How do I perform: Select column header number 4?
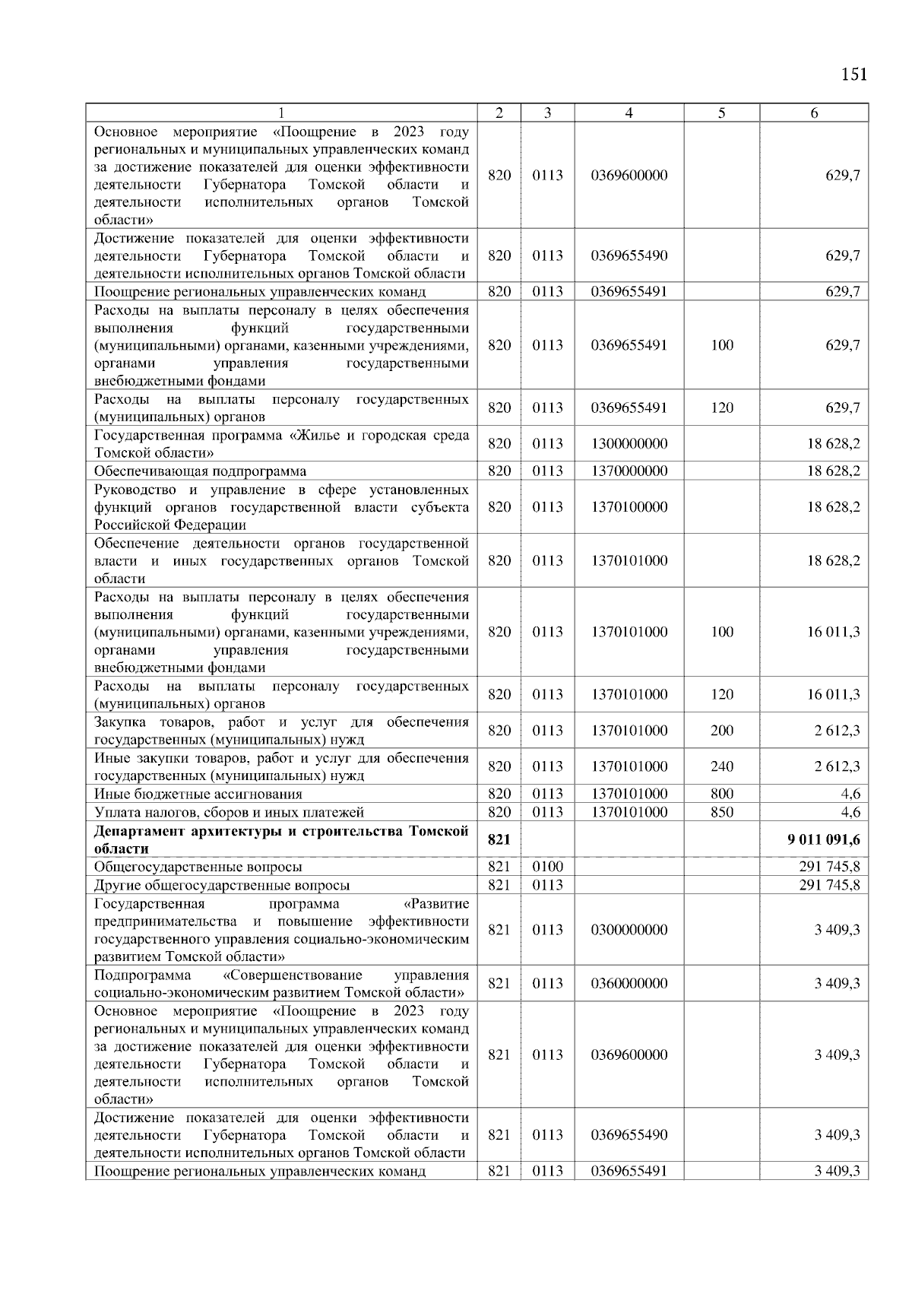pyautogui.click(x=629, y=113)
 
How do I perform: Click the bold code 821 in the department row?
pyautogui.click(x=499, y=839)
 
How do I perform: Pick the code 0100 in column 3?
pyautogui.click(x=547, y=867)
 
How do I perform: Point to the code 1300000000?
pyautogui.click(x=629, y=443)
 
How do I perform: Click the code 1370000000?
pyautogui.click(x=629, y=471)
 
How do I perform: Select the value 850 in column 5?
pyautogui.click(x=721, y=812)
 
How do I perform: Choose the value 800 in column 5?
pyautogui.click(x=721, y=794)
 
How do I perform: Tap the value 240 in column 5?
pyautogui.click(x=721, y=766)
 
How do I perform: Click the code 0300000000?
pyautogui.click(x=629, y=930)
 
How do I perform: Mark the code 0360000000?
pyautogui.click(x=629, y=983)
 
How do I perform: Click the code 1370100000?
pyautogui.click(x=629, y=506)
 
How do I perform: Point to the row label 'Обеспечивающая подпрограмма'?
pyautogui.click(x=200, y=471)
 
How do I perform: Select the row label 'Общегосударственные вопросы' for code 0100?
pyautogui.click(x=198, y=867)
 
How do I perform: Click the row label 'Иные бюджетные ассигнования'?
pyautogui.click(x=198, y=794)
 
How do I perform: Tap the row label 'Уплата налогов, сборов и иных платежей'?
pyautogui.click(x=229, y=812)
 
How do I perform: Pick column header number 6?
pyautogui.click(x=814, y=113)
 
